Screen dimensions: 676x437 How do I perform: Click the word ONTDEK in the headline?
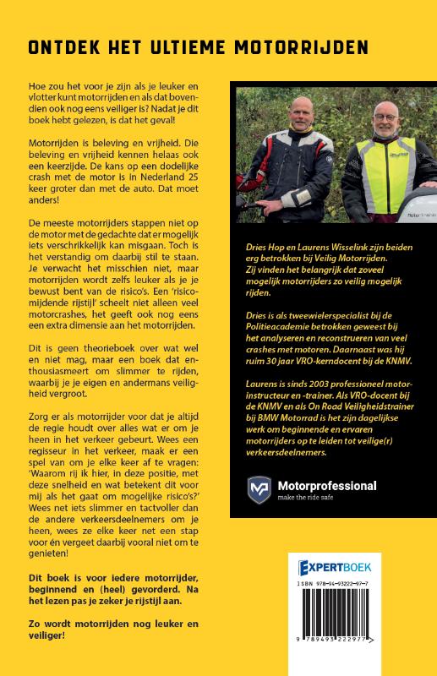(69, 46)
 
